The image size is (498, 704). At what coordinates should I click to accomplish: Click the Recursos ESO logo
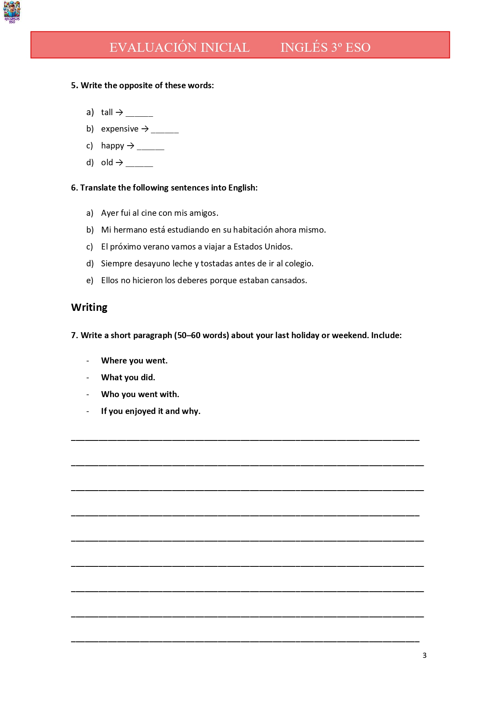pos(12,12)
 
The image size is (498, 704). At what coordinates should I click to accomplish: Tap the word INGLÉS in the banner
pos(304,47)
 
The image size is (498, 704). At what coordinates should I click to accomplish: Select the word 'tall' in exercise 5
pos(107,112)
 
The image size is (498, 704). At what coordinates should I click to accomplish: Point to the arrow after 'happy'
pos(130,146)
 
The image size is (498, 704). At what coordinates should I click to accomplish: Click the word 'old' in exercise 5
pos(107,162)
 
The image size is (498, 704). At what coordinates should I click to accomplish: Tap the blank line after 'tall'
pos(139,114)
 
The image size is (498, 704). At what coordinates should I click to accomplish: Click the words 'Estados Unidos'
pos(263,247)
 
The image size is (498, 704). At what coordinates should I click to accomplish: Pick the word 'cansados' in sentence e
pos(288,280)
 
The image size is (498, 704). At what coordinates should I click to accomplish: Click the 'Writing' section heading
pos(89,307)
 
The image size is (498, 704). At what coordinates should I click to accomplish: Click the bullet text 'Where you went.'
pos(134,361)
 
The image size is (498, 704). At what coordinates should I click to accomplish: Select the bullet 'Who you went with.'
pos(140,394)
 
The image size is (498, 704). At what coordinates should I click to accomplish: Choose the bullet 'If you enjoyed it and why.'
pos(150,411)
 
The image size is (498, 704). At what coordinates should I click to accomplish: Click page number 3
pos(424,655)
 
